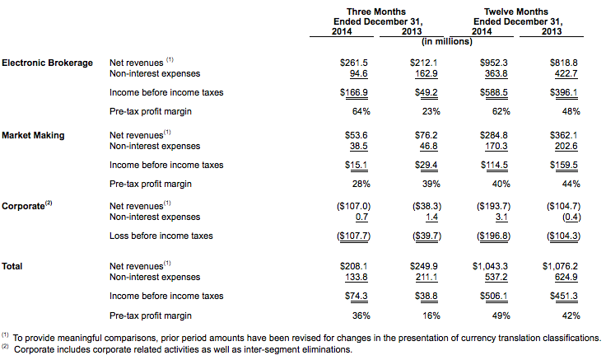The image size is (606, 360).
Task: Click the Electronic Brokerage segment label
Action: click(x=47, y=63)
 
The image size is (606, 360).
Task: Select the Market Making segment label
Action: click(x=33, y=135)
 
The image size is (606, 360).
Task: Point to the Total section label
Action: click(x=12, y=266)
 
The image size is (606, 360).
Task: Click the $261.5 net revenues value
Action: click(x=353, y=63)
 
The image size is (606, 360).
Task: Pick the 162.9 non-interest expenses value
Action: click(x=427, y=73)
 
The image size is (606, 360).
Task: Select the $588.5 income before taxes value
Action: click(x=493, y=92)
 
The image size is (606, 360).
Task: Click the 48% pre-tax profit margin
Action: click(x=571, y=111)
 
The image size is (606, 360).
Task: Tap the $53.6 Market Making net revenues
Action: click(x=356, y=135)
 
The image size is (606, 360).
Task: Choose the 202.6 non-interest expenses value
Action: click(x=566, y=146)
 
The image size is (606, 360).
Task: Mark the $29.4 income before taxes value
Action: click(x=427, y=165)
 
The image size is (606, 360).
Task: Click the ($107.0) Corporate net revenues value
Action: click(x=353, y=206)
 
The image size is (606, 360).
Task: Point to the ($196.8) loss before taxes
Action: click(x=493, y=236)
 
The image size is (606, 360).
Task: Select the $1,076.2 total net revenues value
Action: click(x=560, y=266)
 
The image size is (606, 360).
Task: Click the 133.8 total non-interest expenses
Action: click(x=357, y=278)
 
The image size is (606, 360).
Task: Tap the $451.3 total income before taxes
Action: click(x=564, y=297)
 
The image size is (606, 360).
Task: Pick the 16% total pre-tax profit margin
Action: click(x=431, y=316)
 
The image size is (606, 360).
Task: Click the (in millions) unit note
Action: click(x=447, y=42)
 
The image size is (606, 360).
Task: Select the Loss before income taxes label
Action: click(x=161, y=236)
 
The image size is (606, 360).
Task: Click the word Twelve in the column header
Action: click(x=496, y=12)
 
